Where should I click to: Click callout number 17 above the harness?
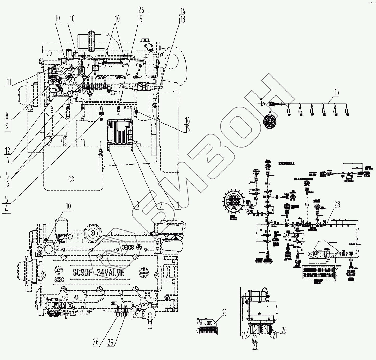337,92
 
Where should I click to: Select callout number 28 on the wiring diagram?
337,204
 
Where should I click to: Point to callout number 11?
9,82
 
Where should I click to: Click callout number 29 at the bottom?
111,342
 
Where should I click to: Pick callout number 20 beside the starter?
284,330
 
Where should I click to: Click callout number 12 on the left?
8,150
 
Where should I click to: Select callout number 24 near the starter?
244,336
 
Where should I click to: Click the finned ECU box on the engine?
120,132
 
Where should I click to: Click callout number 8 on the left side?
7,115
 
